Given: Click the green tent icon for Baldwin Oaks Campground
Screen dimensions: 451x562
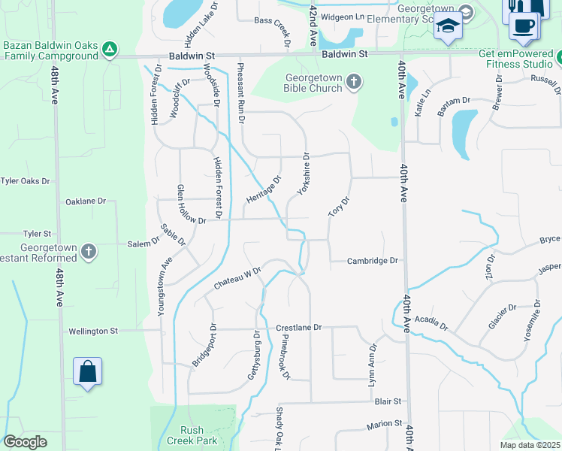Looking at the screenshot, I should click(110, 50).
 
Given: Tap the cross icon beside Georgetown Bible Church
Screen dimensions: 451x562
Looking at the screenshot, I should click(353, 81).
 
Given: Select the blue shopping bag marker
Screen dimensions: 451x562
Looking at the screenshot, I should click(87, 371).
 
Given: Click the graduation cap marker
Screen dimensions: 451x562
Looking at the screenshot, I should click(448, 26).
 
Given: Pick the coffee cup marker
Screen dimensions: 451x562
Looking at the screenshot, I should click(523, 24).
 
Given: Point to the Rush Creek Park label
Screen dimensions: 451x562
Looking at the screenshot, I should click(192, 435).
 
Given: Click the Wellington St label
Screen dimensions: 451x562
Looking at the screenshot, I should click(93, 331).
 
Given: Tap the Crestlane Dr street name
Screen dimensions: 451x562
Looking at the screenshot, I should click(298, 328).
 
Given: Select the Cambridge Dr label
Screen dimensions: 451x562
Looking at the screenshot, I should click(372, 262).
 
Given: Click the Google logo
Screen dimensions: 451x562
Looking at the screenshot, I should click(26, 442).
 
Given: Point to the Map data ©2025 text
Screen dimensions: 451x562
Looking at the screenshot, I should click(530, 445).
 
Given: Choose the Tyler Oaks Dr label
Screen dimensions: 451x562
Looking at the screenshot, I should click(25, 181).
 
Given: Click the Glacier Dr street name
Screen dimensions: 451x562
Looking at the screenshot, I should click(502, 316).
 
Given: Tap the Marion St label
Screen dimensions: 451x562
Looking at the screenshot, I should click(385, 425).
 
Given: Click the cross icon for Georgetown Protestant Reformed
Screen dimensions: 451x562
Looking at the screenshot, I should click(88, 251).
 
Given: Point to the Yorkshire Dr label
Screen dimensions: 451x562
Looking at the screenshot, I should click(303, 174).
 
